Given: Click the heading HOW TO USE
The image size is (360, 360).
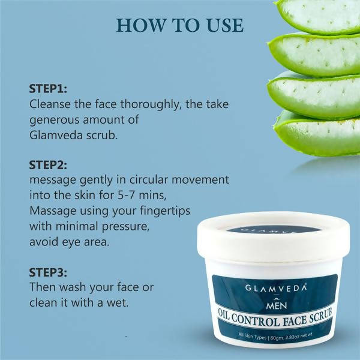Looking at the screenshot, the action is point(180,25).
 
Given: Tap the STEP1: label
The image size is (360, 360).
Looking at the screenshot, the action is point(48,89).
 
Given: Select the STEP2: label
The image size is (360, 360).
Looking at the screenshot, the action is point(48,164).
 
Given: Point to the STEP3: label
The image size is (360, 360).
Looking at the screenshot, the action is point(48,272).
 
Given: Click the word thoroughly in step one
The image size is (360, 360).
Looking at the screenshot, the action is point(149,104).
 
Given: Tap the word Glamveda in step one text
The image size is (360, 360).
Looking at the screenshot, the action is point(56,135).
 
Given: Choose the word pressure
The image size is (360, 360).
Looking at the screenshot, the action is point(125,227).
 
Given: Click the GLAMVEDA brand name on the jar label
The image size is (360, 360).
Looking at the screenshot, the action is point(276,288).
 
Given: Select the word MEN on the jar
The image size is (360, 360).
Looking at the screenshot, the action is point(277,304).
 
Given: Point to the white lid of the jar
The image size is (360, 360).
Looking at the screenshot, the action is point(273,238).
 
